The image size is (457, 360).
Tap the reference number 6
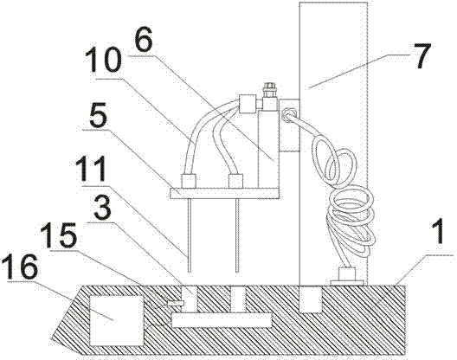(x=143, y=40)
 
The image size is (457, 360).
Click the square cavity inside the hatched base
(x=117, y=320)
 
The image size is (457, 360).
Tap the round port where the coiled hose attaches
(x=288, y=114)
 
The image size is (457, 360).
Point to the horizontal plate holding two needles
(x=224, y=193)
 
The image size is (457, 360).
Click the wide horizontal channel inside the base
(x=222, y=320)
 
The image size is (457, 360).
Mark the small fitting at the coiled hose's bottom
(x=347, y=276)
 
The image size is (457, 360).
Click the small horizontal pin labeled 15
(x=176, y=304)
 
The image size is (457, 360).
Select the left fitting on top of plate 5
(x=189, y=181)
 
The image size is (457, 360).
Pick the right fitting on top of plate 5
(x=235, y=181)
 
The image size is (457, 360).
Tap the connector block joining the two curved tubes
(x=248, y=104)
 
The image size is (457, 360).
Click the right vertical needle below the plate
(x=237, y=235)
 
